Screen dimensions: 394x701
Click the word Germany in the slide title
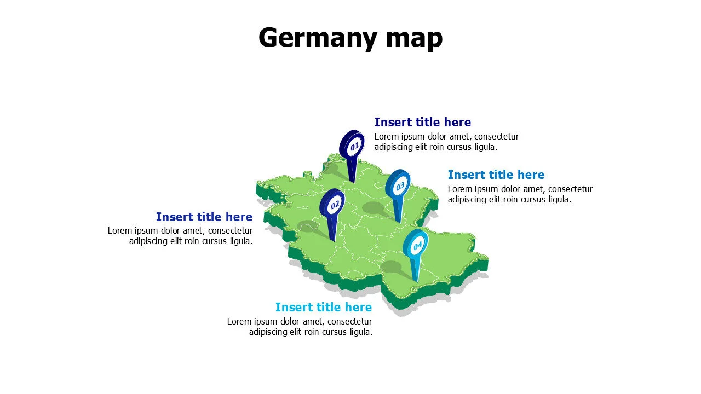click(318, 38)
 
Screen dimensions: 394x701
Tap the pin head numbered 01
click(353, 145)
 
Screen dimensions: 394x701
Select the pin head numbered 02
click(334, 204)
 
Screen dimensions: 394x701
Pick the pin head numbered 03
click(399, 185)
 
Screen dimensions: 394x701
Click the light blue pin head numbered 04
click(417, 245)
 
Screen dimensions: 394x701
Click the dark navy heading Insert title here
click(422, 122)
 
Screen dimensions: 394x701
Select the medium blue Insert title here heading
click(496, 175)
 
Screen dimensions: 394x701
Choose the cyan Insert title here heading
click(323, 307)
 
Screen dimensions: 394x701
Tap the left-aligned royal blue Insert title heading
click(204, 217)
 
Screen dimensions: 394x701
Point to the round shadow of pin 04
click(391, 267)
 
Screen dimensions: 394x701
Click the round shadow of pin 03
click(372, 208)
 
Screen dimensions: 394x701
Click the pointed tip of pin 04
click(417, 281)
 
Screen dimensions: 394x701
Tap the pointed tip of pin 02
click(334, 240)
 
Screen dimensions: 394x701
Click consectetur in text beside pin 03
click(570, 189)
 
